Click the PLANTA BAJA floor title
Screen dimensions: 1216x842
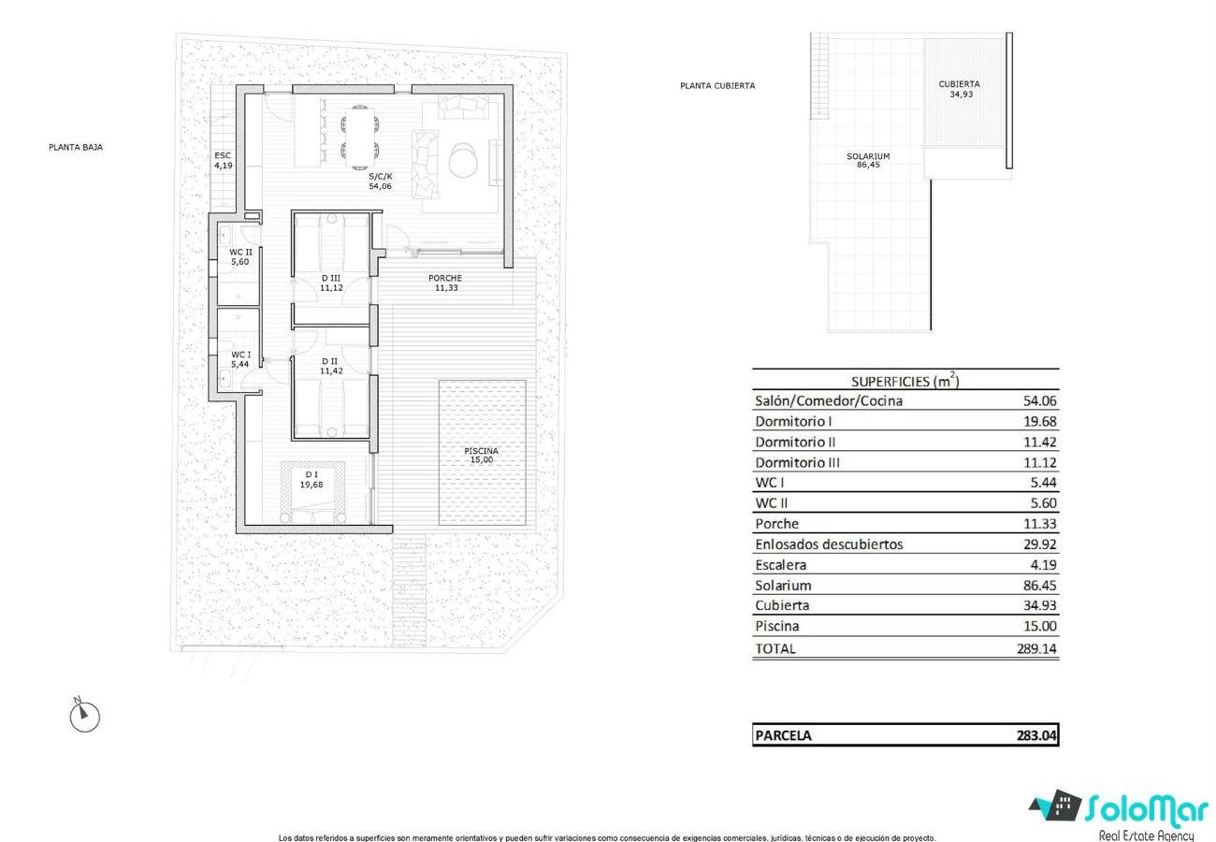tap(76, 147)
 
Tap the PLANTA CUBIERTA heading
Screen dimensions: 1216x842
tap(717, 86)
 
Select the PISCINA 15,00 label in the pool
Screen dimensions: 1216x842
tap(481, 455)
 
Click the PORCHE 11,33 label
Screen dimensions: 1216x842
tap(445, 283)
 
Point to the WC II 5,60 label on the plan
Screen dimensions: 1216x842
tap(240, 256)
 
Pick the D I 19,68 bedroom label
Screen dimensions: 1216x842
tap(311, 480)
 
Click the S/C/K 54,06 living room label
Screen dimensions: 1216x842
tap(380, 181)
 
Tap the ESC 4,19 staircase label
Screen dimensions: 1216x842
tap(224, 161)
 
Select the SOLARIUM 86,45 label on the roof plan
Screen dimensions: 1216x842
tap(868, 160)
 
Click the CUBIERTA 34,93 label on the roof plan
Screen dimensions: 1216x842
tap(959, 89)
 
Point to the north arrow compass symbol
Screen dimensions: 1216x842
tap(85, 715)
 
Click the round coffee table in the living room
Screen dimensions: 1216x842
tap(464, 160)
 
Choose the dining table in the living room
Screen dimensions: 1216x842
tap(360, 138)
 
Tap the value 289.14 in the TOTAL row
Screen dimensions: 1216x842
tap(1036, 648)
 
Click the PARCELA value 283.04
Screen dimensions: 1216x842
tap(1036, 735)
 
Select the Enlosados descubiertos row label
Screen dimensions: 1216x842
tap(829, 544)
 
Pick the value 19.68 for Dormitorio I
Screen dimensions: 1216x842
tap(1039, 422)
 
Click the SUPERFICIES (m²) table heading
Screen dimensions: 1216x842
tap(905, 381)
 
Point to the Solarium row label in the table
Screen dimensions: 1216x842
tap(783, 586)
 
